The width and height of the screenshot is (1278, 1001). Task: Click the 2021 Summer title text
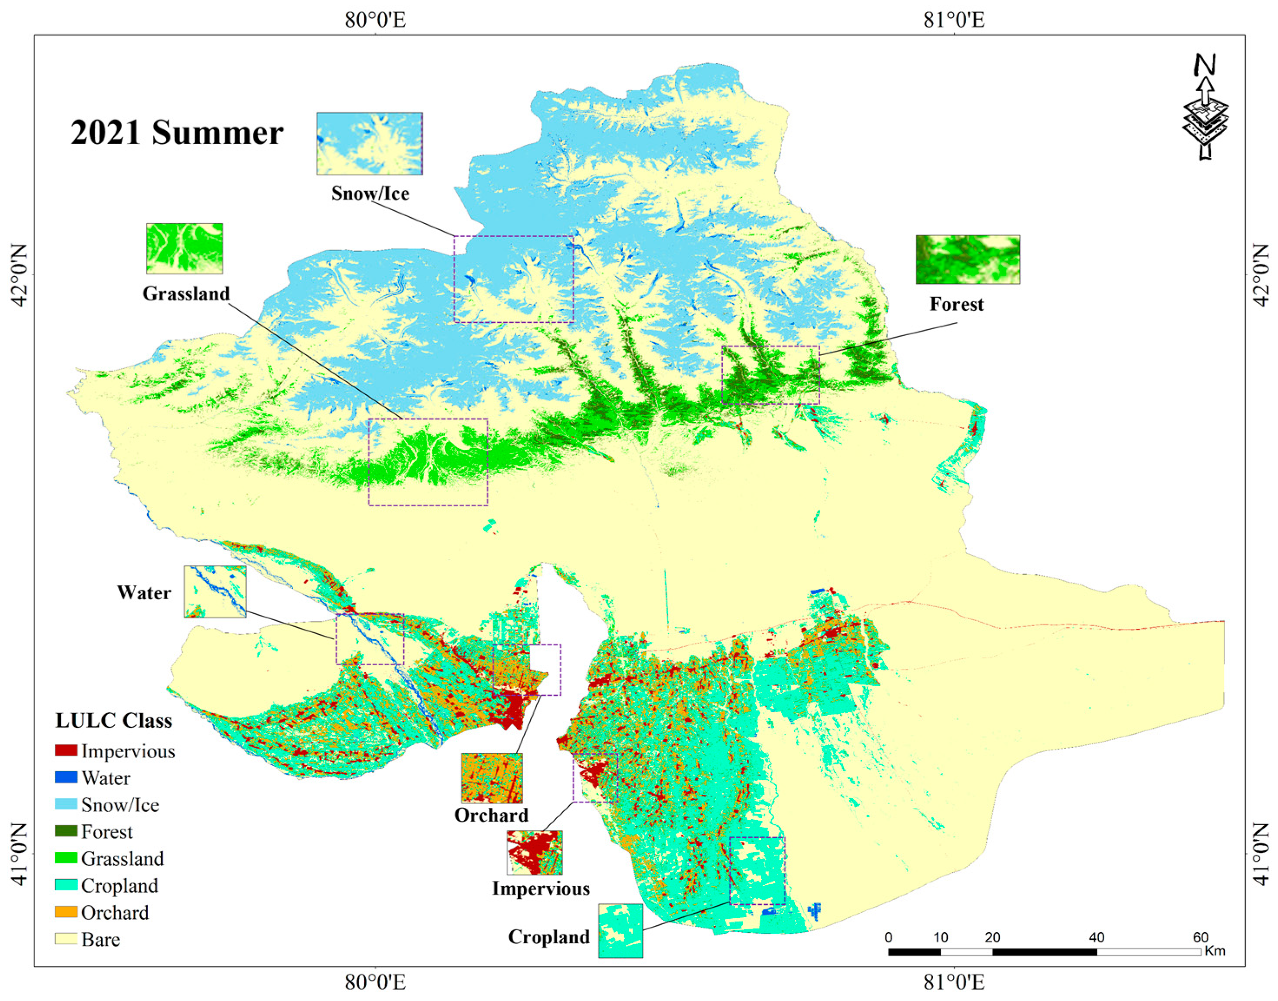pos(177,133)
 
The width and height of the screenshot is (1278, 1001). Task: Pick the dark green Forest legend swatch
pos(66,831)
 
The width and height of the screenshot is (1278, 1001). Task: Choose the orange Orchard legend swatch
pos(66,912)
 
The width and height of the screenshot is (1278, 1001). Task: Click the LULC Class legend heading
pos(114,720)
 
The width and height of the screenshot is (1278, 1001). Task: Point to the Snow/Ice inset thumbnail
pos(369,144)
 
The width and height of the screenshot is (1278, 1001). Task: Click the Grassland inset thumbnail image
pos(184,248)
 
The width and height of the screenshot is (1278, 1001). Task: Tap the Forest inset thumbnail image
pos(968,260)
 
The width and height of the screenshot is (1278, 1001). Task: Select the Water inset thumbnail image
pos(215,591)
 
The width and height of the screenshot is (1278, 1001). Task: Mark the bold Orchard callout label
pos(491,815)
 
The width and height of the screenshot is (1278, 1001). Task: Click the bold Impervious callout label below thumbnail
pos(540,889)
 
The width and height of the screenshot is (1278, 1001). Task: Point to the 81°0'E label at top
pos(954,20)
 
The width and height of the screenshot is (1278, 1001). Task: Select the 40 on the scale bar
pos(1096,937)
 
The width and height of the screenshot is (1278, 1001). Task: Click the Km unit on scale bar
pos(1215,951)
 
